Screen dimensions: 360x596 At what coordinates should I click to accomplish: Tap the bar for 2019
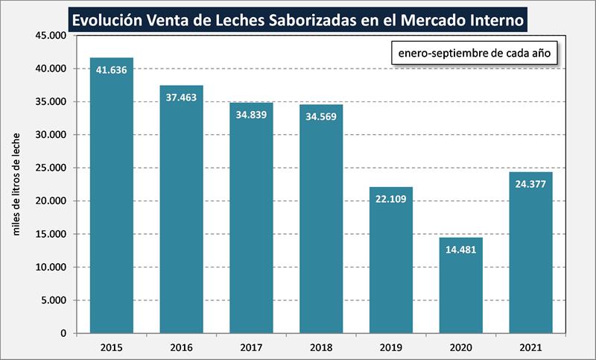point(390,260)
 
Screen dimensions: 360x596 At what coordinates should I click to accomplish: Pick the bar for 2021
point(530,253)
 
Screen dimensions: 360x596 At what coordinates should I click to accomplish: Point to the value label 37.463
point(181,98)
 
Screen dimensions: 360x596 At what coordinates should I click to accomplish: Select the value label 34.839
point(251,116)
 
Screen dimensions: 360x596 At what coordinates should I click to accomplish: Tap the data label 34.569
point(321,118)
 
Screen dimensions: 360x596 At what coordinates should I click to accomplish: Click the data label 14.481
point(460,250)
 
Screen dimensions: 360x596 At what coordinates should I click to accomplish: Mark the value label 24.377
point(530,185)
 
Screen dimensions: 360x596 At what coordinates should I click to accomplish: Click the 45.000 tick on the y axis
point(50,35)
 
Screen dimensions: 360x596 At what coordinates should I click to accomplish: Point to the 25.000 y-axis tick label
point(50,168)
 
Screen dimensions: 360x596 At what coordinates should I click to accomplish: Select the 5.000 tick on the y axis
point(53,300)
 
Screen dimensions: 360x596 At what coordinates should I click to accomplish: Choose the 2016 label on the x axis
point(181,347)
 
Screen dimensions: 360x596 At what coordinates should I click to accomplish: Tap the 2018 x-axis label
point(321,347)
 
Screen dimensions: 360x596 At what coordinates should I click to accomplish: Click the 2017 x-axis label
point(251,347)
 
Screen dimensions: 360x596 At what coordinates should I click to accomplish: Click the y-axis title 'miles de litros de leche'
point(16,184)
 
